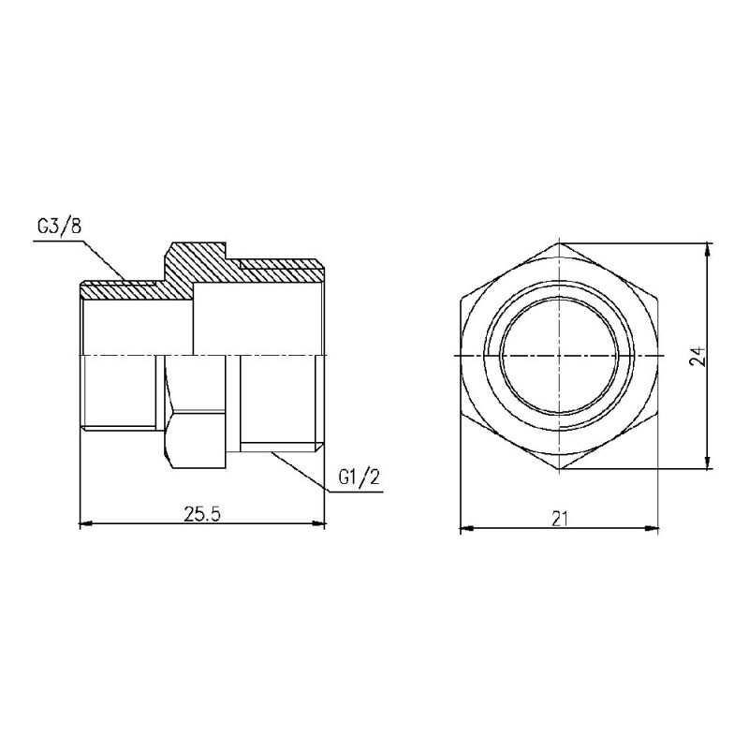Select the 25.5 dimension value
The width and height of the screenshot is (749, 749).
(x=201, y=516)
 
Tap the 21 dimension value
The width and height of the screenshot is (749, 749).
(x=560, y=519)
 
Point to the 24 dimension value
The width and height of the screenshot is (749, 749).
(x=695, y=356)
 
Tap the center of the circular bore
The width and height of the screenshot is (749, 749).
(x=560, y=356)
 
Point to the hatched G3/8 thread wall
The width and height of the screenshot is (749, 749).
(x=122, y=290)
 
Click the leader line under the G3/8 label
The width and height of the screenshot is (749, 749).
(x=66, y=241)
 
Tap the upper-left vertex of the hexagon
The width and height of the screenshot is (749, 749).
(x=462, y=300)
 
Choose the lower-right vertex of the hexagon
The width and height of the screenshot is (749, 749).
(x=658, y=413)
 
